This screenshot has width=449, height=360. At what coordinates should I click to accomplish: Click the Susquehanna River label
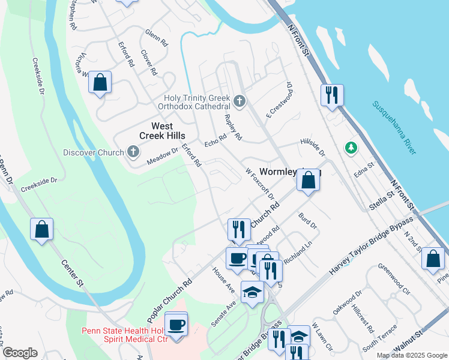[x=394, y=128]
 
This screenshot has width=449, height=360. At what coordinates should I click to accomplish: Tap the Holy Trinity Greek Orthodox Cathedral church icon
[x=240, y=101]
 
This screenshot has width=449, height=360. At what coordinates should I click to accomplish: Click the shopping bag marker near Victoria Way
[x=100, y=83]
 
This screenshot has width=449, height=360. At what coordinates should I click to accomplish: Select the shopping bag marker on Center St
[x=41, y=229]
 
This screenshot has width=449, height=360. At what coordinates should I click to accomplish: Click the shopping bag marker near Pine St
[x=433, y=258]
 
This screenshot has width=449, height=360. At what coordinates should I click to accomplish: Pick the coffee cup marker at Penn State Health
[x=176, y=325]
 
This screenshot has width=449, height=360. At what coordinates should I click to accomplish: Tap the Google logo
[x=20, y=353]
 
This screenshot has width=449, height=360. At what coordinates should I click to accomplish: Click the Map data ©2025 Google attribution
[x=412, y=355]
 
